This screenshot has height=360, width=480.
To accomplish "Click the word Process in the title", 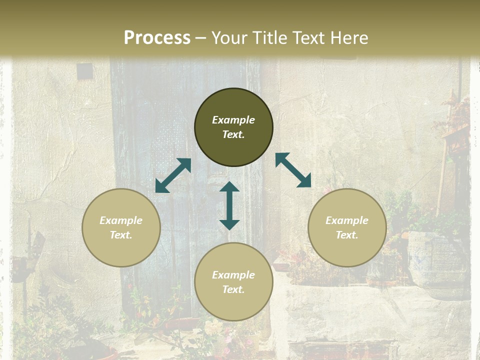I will coord(157,38).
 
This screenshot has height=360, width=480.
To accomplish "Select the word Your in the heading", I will coord(228,38).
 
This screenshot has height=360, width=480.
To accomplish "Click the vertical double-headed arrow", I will coord(229,205).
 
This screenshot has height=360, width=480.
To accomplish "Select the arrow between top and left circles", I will coord(173,175).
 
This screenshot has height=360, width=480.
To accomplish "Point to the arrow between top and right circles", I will coord(293,170).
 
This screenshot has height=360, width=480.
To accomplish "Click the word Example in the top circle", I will coord(233,120).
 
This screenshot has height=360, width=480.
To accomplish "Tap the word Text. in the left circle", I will coord(121,235).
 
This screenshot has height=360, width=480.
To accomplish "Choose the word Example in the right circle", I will coord(347,220).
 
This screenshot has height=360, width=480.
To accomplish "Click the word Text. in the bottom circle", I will coord(233,289).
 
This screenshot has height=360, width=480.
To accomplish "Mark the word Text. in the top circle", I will coord(233,134).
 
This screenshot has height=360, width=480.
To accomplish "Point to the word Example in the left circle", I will coord(121,220).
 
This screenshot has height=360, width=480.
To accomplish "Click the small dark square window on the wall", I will coord(84,71).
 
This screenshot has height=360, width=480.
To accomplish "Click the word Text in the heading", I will coord(308,38).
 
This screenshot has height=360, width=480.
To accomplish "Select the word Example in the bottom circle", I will coord(233,275).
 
